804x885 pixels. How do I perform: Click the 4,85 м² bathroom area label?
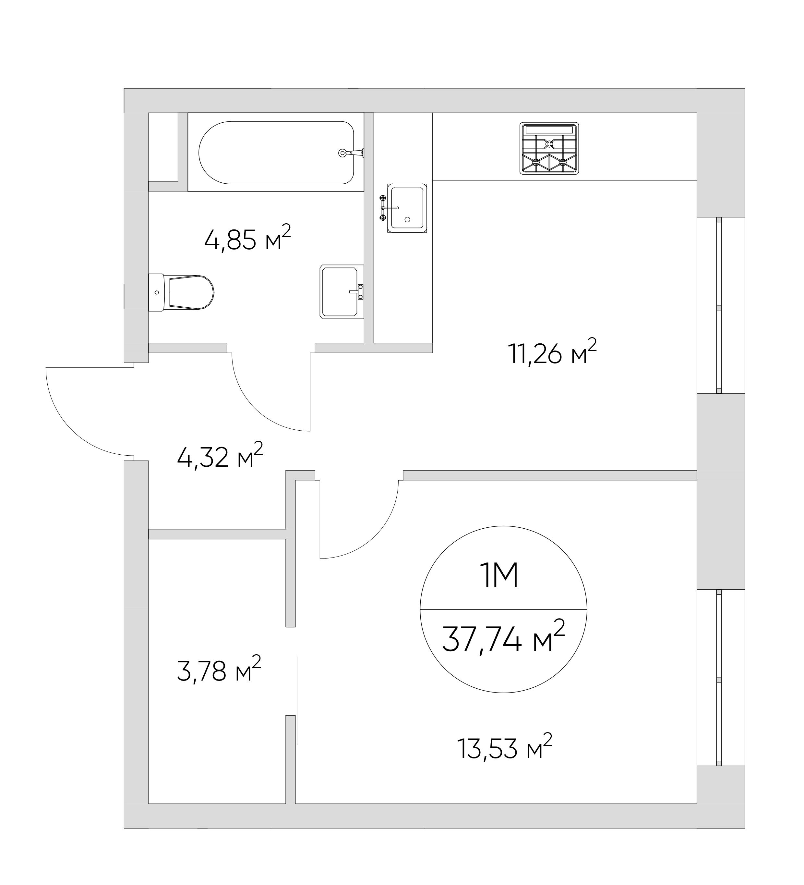(x=247, y=239)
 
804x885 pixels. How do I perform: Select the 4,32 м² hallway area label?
(x=219, y=457)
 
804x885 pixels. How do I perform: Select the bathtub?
(x=276, y=152)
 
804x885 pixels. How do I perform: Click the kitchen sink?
(x=407, y=208)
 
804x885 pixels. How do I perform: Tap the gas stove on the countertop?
(x=549, y=148)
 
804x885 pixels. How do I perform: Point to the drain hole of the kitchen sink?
(x=407, y=219)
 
